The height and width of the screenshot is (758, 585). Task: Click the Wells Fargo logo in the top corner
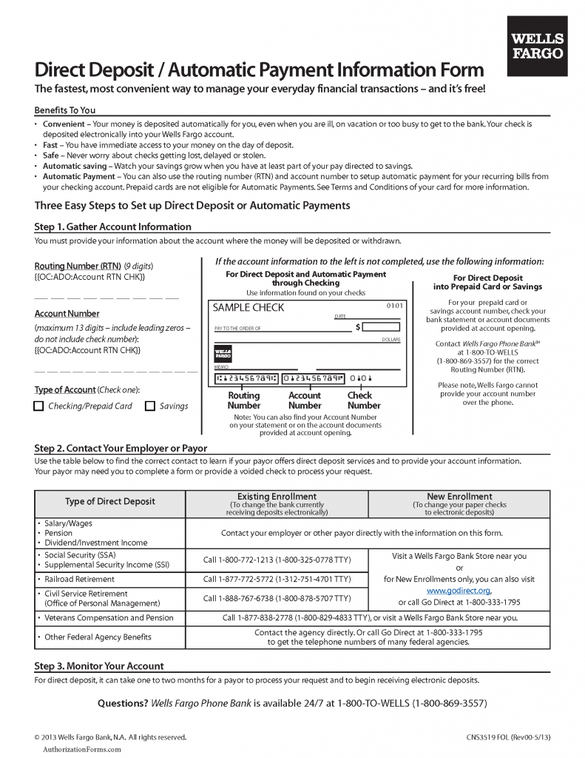coord(538,46)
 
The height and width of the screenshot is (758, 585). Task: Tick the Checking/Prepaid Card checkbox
coord(39,406)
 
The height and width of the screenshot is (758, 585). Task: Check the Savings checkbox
coord(150,406)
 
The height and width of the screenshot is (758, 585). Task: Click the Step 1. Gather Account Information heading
coord(112,227)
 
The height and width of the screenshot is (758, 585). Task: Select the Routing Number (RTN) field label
coord(78,266)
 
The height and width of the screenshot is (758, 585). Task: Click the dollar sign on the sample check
coord(358,326)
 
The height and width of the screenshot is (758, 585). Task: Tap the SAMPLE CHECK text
coord(248,307)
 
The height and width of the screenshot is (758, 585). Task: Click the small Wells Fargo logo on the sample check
coord(223,353)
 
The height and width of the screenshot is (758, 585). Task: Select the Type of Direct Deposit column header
coord(110,501)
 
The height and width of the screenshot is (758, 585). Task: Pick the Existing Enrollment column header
coord(277,496)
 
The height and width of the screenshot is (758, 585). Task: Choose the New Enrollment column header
coord(459,496)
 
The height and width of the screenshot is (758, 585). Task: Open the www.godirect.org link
coord(459,591)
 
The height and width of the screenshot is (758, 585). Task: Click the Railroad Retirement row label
coord(79,579)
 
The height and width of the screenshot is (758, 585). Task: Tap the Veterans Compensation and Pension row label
coord(109,617)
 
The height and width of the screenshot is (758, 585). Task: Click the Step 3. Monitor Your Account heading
coord(99,665)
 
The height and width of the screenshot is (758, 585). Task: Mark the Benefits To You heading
coord(65,110)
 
